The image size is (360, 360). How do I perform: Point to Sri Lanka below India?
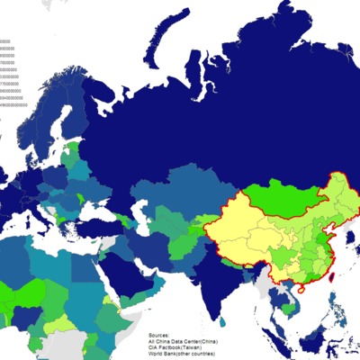(222, 322)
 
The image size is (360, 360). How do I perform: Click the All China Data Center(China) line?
(184, 341)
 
